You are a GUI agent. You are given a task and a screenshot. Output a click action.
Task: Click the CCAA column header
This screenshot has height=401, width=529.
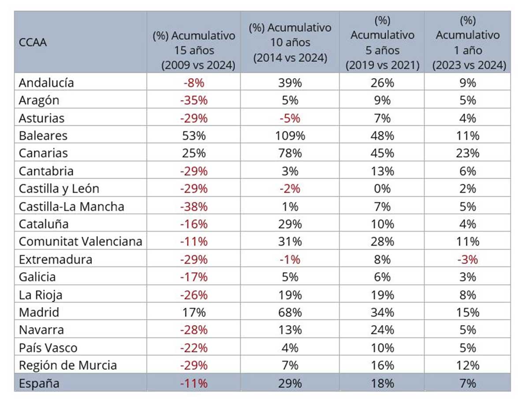(33, 43)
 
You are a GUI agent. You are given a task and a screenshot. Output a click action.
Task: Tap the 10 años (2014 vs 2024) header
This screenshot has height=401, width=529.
(290, 43)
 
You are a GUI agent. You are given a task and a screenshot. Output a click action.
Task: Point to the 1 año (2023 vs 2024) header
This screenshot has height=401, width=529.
(467, 43)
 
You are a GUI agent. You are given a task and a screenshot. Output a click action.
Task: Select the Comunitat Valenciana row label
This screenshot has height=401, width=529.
(81, 242)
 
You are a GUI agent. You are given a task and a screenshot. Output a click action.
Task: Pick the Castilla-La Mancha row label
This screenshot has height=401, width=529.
(71, 206)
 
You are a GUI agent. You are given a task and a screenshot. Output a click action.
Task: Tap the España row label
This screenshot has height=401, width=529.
(39, 383)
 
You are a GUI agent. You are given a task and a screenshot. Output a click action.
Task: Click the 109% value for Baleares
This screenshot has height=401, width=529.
(290, 135)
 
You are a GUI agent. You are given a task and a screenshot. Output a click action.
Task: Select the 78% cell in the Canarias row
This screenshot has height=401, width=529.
(290, 153)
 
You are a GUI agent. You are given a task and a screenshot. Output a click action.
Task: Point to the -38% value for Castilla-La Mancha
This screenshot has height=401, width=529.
(194, 206)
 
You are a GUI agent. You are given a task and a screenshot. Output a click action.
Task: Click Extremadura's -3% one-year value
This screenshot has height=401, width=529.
(467, 259)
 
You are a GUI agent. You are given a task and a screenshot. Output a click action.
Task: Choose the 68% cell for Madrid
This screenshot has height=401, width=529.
(290, 313)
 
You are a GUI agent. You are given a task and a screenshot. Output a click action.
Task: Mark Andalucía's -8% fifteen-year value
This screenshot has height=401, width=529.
(194, 82)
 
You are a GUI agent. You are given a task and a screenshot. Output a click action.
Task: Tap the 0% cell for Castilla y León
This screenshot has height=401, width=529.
(382, 189)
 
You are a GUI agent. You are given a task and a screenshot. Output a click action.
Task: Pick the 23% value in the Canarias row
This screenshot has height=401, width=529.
(467, 153)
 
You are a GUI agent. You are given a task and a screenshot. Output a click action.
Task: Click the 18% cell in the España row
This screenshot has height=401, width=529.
(382, 383)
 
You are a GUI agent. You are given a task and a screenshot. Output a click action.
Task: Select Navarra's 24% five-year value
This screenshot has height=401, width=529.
(382, 330)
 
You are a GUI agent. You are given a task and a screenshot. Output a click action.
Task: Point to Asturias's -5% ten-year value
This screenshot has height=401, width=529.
(290, 118)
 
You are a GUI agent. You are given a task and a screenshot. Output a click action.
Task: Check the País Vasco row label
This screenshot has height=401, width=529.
(48, 348)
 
